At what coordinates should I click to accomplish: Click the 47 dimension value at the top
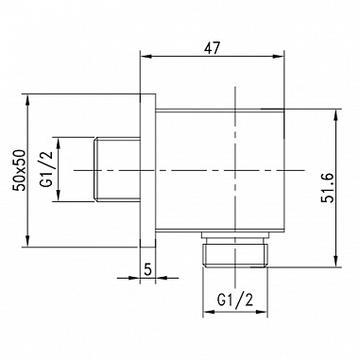pos(213,43)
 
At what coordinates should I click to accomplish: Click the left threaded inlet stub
pos(117,170)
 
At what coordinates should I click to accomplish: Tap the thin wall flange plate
pos(147,170)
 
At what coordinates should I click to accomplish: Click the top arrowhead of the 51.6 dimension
pos(334,113)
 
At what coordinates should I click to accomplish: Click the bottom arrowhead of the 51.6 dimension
pos(334,262)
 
